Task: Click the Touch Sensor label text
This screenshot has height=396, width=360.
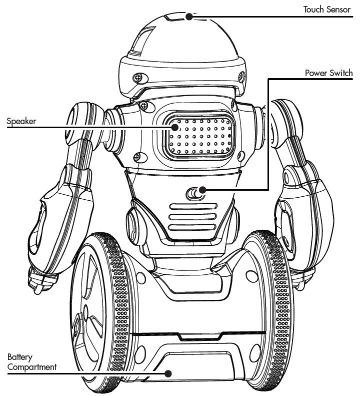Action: coord(327,9)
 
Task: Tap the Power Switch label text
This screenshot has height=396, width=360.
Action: coord(328,73)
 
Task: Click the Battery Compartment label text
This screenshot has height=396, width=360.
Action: coord(31,362)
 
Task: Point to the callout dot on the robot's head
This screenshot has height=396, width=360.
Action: coord(189,17)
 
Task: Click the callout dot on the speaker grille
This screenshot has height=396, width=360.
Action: coord(174,127)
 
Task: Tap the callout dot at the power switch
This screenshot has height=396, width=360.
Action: coord(202,190)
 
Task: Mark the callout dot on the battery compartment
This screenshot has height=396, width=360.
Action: coord(168,373)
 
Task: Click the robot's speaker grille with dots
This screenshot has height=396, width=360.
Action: coord(199,136)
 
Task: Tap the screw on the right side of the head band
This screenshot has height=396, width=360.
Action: coord(241,77)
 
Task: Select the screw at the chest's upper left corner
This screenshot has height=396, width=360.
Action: coord(143,105)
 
